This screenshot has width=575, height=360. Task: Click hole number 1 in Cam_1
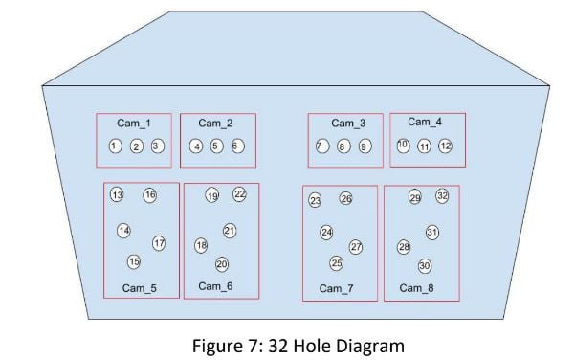point(115,146)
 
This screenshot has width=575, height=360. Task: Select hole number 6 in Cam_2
point(237,146)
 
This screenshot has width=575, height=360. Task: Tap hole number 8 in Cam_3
point(343,146)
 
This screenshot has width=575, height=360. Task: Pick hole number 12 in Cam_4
point(445,146)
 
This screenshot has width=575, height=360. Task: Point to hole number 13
point(118,195)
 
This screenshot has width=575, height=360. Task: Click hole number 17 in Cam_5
point(159,243)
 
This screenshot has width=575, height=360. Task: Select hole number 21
point(230,231)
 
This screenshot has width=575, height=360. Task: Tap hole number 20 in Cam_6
point(222,264)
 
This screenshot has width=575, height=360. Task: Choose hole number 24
point(326,233)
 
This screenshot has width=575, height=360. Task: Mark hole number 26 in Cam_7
point(345,199)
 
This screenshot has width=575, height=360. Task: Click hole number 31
point(432,233)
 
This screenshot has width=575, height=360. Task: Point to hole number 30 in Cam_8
point(425,266)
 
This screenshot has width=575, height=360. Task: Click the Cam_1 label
point(134,123)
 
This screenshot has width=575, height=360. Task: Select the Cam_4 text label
point(425,122)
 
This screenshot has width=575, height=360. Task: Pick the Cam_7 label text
point(335,288)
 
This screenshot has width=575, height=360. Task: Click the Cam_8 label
point(416,288)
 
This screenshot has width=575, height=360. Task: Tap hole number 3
point(158,146)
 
